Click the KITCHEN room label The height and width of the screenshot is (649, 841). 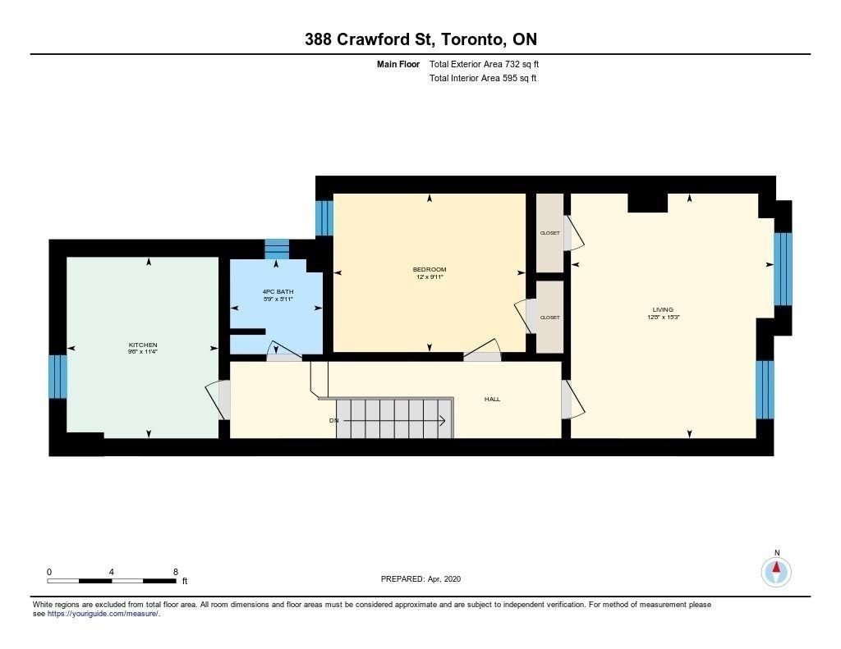143,345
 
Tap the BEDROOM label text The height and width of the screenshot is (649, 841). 429,269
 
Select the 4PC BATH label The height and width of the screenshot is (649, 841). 278,291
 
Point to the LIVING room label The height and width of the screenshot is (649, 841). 663,310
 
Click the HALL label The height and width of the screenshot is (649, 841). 492,400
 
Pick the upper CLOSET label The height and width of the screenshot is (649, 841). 549,233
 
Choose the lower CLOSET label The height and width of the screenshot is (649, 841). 549,318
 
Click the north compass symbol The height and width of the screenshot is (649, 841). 776,572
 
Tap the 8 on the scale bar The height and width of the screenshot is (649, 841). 176,572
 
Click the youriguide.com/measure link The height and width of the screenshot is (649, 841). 103,614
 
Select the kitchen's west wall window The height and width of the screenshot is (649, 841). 58,377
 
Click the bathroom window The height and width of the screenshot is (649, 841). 277,249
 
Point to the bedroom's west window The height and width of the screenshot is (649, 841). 324,218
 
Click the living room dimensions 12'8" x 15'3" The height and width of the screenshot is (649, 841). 664,318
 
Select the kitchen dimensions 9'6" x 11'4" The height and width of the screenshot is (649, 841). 143,352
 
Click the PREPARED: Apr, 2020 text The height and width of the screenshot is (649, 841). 420,578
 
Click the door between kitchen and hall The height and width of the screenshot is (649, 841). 219,400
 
